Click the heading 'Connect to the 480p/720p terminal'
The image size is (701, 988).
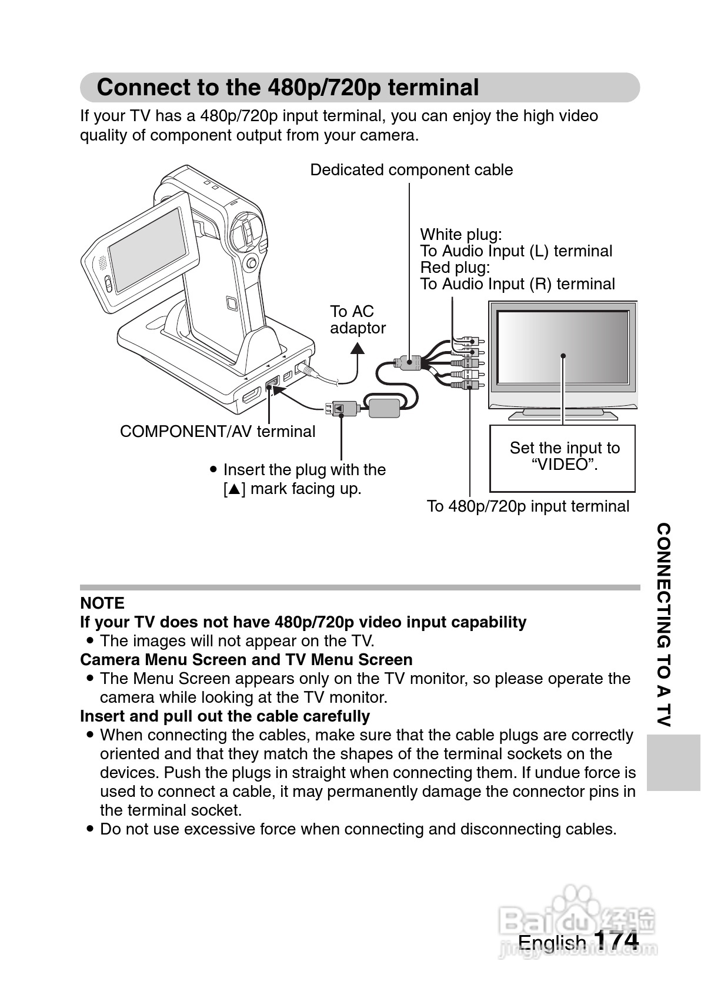[x=288, y=88]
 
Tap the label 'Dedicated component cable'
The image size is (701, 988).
[x=411, y=170]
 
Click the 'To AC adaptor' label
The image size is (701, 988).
[x=357, y=319]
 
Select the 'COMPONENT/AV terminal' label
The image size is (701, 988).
[x=218, y=432]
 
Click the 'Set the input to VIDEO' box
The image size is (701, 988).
[x=563, y=458]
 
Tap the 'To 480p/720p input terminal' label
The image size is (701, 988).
[x=528, y=506]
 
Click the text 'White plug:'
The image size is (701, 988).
[x=461, y=235]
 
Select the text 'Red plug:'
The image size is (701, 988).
[x=455, y=268]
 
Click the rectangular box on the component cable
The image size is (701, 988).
[x=385, y=406]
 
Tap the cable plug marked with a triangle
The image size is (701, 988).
[x=341, y=407]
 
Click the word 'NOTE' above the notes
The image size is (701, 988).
[x=102, y=603]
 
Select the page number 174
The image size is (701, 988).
[x=616, y=939]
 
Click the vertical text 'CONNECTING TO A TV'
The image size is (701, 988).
[x=663, y=625]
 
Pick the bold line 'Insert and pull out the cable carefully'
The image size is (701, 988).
[x=225, y=716]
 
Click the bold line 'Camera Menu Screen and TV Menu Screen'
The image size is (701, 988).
[x=246, y=660]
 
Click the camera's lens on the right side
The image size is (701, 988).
[x=246, y=231]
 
